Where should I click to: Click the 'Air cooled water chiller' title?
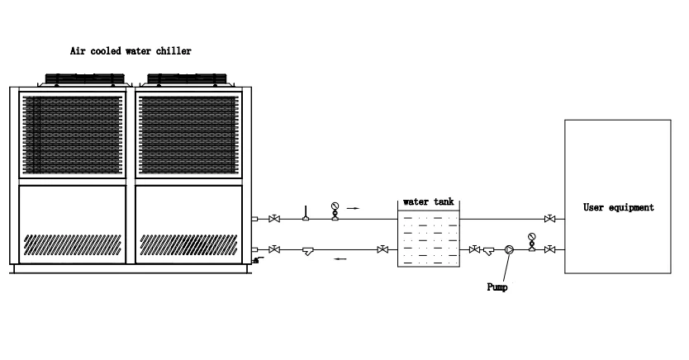coord(131,51)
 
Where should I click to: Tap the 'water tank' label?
coord(428,201)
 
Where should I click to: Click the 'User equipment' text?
coord(618,208)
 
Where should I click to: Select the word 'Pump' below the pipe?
coord(497,288)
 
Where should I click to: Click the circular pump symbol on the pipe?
coord(510,249)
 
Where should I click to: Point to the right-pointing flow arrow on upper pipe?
coord(353,209)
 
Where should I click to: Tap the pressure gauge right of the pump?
coord(531,239)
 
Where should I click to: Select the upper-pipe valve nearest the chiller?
coord(274,219)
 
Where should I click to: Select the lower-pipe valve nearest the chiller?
coord(273,249)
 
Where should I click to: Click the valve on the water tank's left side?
coord(383,249)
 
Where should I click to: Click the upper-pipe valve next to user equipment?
coord(549,219)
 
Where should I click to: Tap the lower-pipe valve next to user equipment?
coord(549,249)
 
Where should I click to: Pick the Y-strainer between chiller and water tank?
coord(307,250)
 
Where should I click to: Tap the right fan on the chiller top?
coord(187,80)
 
